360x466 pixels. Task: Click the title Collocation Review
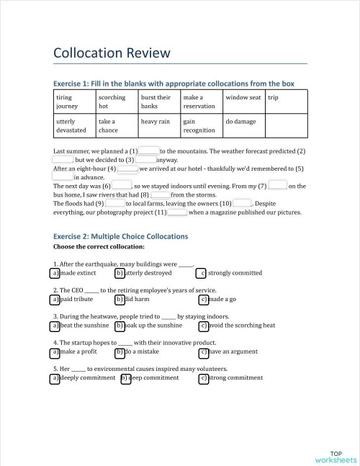coord(112,53)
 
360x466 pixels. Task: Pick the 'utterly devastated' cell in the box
coord(73,126)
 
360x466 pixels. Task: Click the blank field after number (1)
coord(148,151)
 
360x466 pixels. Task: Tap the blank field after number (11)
coord(177,212)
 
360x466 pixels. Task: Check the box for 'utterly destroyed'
coord(120,273)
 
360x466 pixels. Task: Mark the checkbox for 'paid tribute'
coord(55,299)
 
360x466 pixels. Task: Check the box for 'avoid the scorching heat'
coord(204,325)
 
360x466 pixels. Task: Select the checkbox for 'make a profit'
coord(55,351)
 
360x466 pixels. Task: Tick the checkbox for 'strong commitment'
coord(204,377)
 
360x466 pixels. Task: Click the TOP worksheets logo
coord(336,455)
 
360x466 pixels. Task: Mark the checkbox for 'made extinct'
coord(55,273)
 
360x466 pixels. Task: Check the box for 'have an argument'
coord(204,351)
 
